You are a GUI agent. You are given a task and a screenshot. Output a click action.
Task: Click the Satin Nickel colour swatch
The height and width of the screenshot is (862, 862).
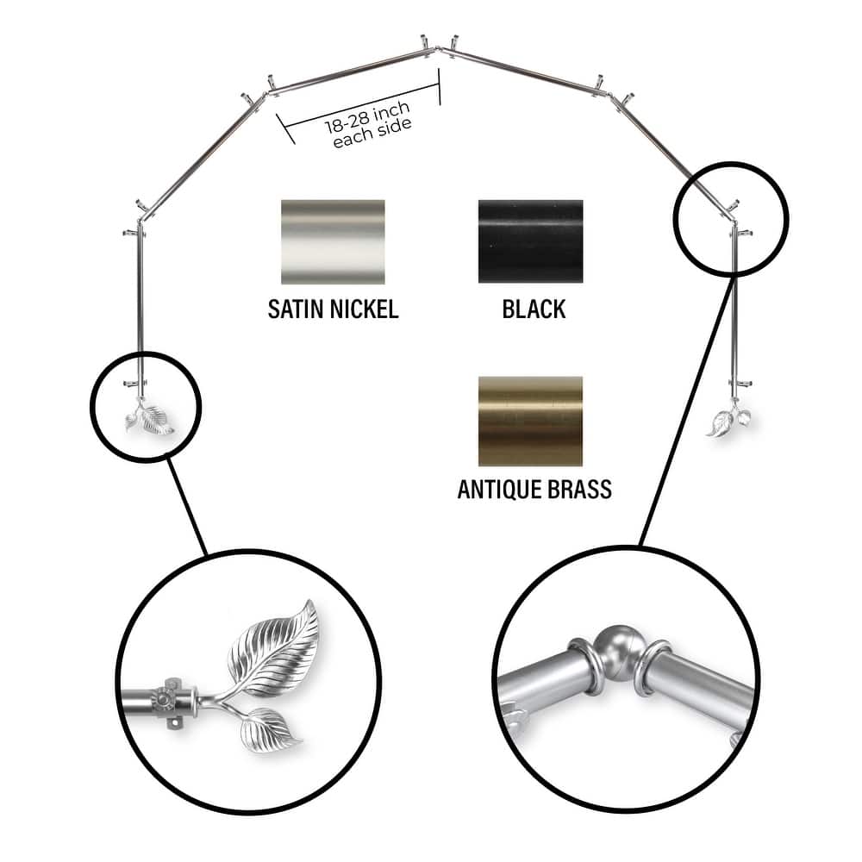[333, 242]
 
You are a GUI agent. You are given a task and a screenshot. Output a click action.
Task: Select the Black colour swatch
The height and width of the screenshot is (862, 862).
[530, 242]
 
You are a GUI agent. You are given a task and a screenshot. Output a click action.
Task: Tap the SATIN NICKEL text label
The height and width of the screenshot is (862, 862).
[333, 309]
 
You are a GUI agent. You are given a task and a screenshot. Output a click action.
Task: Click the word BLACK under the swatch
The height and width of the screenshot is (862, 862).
[534, 309]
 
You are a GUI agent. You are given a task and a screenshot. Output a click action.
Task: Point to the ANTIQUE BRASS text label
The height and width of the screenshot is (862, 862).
[534, 490]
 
